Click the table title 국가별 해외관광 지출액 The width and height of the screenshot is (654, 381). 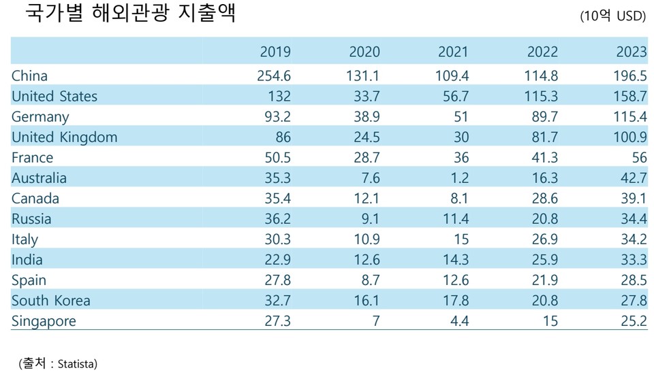coord(130,14)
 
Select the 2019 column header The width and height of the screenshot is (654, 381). coord(275,52)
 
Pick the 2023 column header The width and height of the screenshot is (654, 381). coord(631,52)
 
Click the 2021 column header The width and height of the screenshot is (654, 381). coord(453,52)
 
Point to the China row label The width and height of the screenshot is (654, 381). coord(29,76)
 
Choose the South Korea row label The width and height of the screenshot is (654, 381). coord(50,300)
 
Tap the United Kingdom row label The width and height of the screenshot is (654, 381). coord(64,137)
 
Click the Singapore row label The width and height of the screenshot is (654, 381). coord(44,320)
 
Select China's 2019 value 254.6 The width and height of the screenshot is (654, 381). coord(272,76)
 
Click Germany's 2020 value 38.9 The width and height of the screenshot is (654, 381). coord(367,116)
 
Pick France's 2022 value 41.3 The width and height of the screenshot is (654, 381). coord(544,157)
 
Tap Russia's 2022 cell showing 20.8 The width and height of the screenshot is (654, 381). coord(544,218)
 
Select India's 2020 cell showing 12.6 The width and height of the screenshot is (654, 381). coord(367,259)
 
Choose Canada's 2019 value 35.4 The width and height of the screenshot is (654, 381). coord(277,198)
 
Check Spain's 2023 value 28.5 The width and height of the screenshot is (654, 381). coord(632,280)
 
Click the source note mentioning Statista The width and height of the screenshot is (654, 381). coord(57,363)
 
